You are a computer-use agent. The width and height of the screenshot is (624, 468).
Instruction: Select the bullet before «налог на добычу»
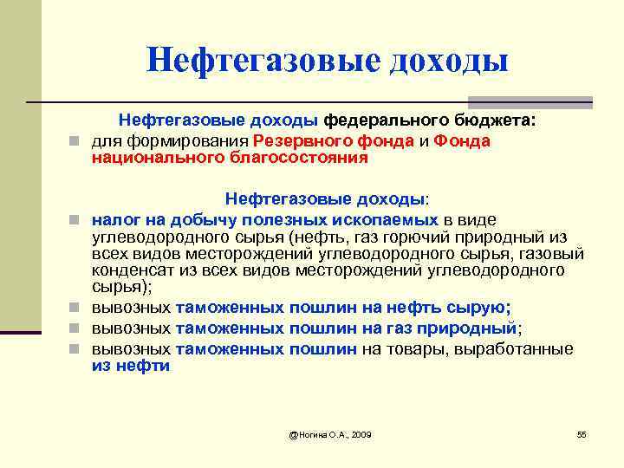[78, 220]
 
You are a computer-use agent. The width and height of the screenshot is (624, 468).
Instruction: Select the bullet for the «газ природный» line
[78, 328]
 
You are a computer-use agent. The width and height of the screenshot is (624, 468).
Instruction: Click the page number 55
[582, 433]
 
